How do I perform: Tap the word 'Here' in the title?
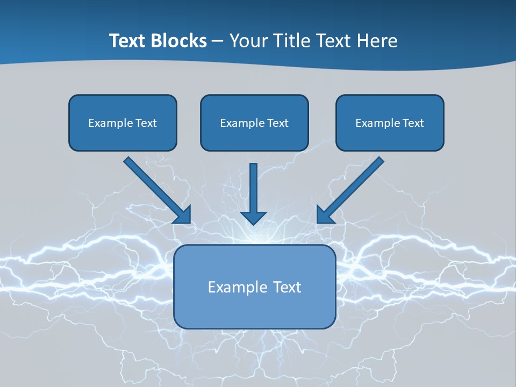[x=378, y=41]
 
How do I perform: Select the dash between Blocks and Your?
[x=218, y=41]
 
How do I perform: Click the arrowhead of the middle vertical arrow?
[x=254, y=218]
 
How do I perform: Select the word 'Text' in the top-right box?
[x=413, y=123]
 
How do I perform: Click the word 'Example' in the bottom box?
[x=238, y=287]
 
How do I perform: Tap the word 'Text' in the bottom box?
[x=288, y=287]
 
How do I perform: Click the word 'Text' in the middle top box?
[x=278, y=123]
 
